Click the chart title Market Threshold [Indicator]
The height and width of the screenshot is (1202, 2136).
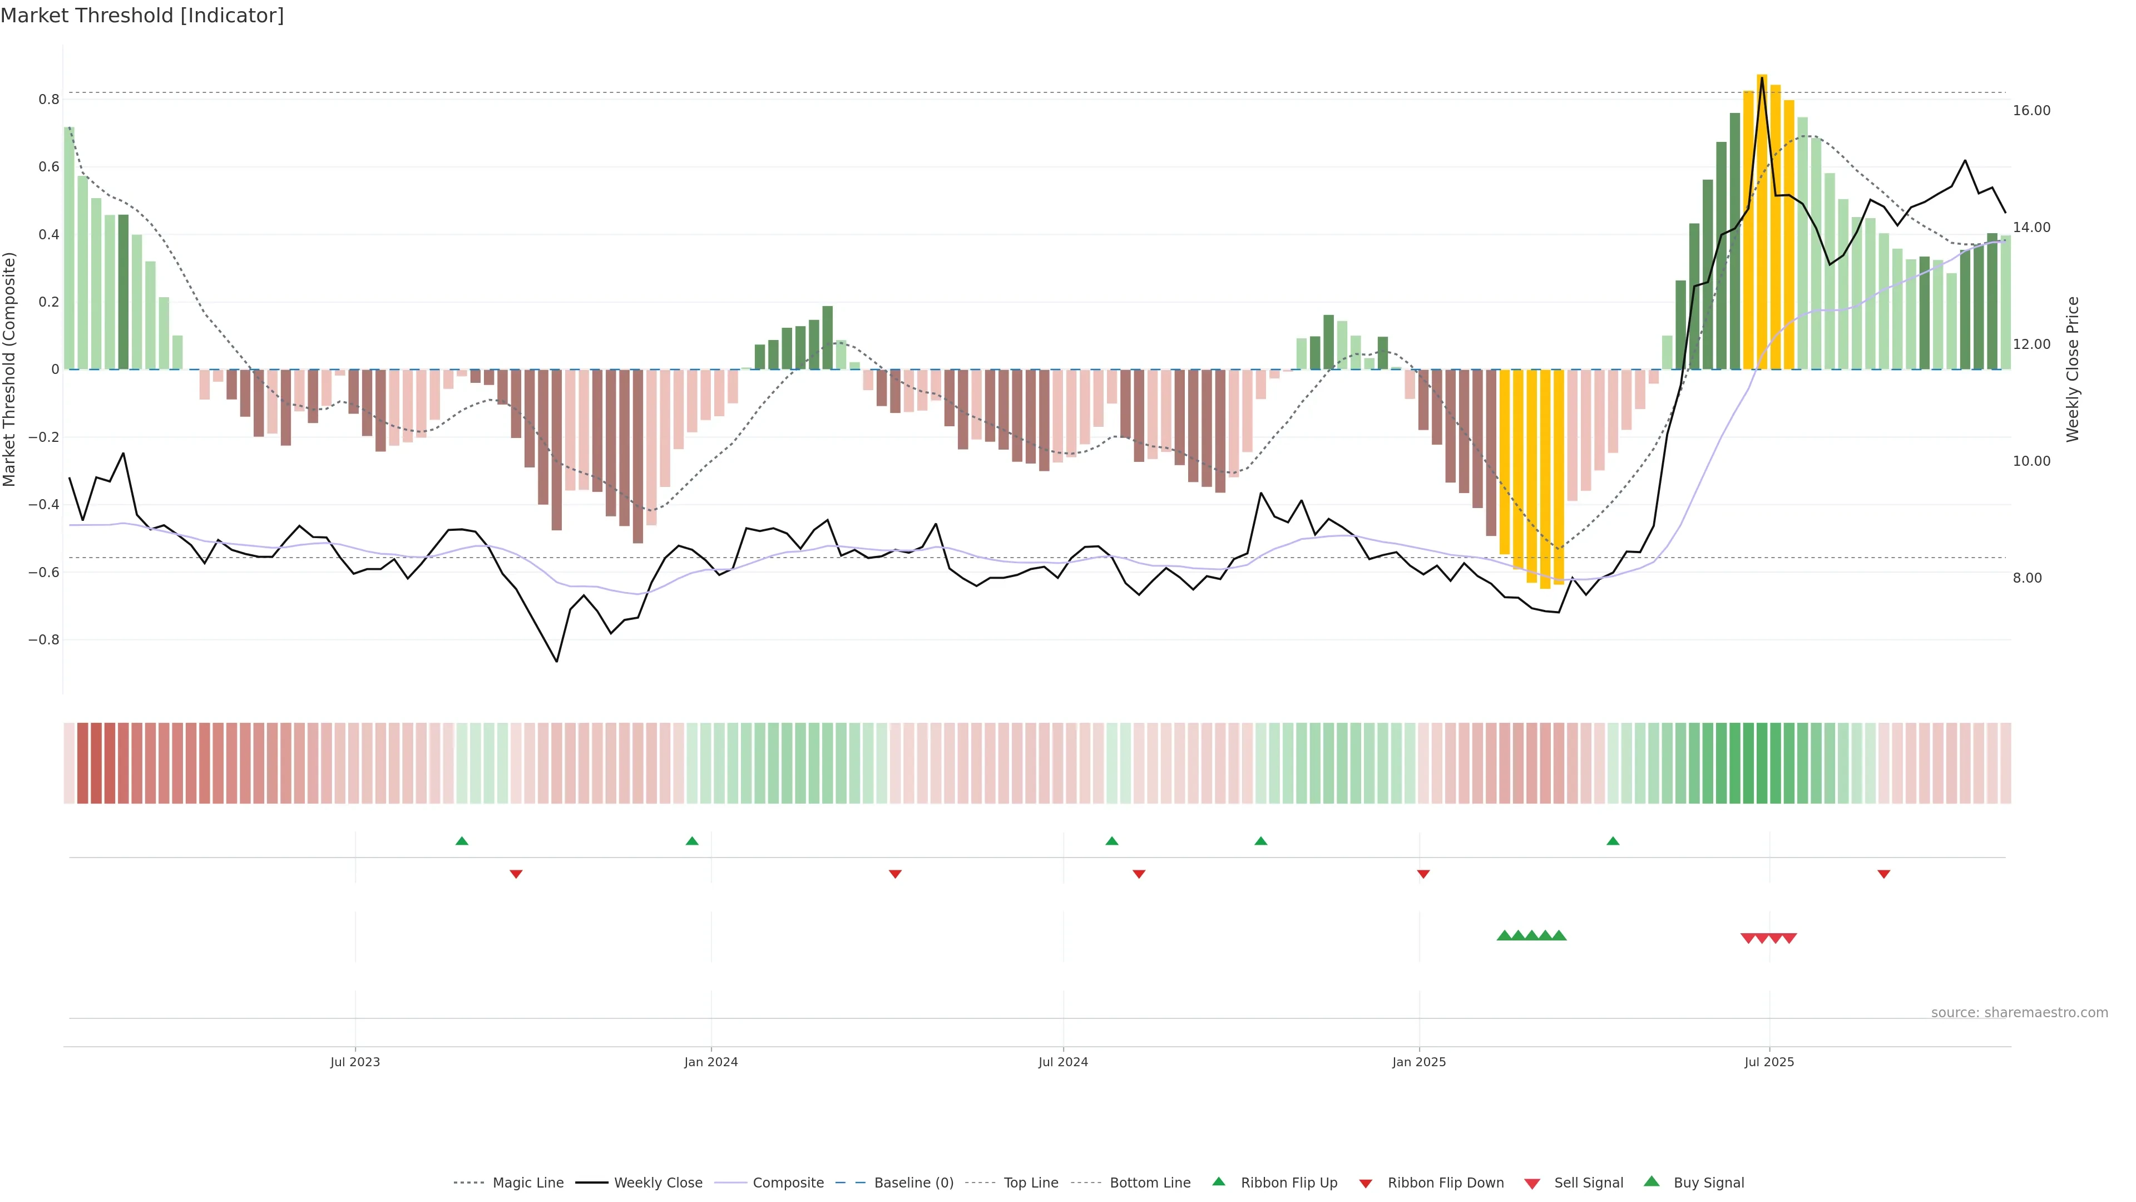click(x=142, y=16)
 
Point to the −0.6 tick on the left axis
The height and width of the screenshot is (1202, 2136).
click(x=44, y=573)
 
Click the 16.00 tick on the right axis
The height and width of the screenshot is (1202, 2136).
click(x=2031, y=110)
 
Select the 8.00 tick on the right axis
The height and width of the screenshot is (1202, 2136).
click(x=2028, y=578)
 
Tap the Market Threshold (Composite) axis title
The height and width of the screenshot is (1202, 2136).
click(x=10, y=369)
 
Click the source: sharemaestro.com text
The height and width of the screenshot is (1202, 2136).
click(x=2019, y=1012)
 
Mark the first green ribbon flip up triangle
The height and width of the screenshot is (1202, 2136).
click(x=462, y=841)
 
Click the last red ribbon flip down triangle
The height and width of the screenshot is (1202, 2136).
click(x=1884, y=874)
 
